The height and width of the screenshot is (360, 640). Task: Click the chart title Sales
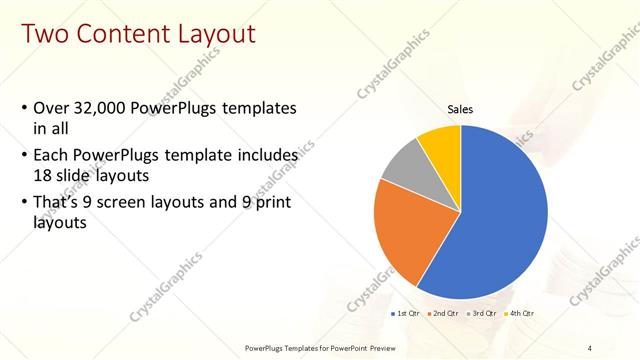pyautogui.click(x=460, y=110)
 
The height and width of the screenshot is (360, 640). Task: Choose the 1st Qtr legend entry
pyautogui.click(x=405, y=314)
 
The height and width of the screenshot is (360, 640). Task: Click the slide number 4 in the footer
pyautogui.click(x=590, y=346)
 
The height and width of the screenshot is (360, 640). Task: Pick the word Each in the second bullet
pyautogui.click(x=51, y=156)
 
